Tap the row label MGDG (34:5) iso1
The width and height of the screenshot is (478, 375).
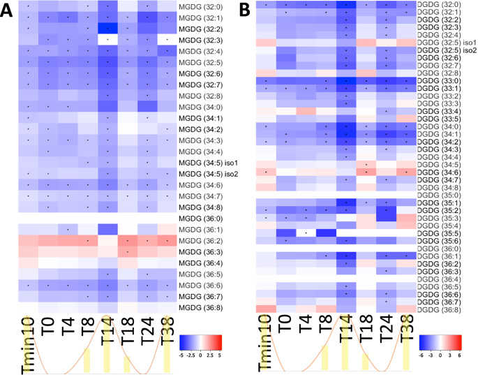click(209, 163)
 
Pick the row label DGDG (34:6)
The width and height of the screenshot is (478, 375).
click(438, 172)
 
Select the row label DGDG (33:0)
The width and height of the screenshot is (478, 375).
click(438, 80)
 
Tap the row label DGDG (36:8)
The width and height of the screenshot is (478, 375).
click(438, 309)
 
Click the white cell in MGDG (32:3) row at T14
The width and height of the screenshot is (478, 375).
click(107, 41)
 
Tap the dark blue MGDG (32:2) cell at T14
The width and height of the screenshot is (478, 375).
click(107, 29)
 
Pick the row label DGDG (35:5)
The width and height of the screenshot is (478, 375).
click(438, 233)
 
